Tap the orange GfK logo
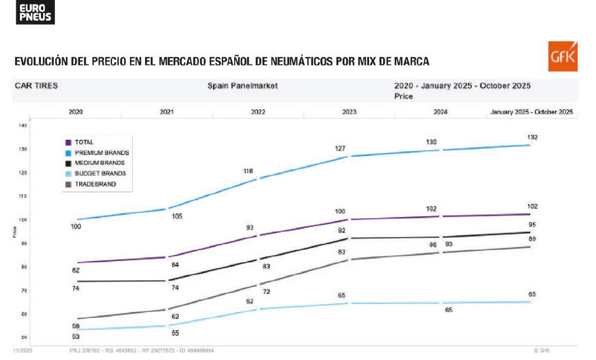tap(562, 57)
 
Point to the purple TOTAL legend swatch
tap(68, 142)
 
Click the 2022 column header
tap(258, 112)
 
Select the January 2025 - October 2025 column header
tap(532, 112)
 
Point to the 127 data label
tap(341, 148)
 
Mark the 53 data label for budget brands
tap(76, 336)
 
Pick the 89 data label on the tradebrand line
tap(532, 239)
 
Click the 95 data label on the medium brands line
tap(532, 225)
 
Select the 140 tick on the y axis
tap(23, 126)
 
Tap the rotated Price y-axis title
tap(15, 232)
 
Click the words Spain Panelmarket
tap(243, 86)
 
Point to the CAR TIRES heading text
tap(36, 86)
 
